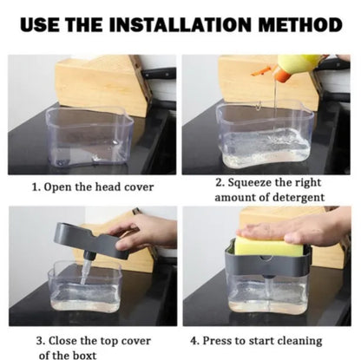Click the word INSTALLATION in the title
pos(180,24)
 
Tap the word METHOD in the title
pos(300,24)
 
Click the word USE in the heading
pos(40,24)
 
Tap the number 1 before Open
pos(36,187)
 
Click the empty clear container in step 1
pos(89,138)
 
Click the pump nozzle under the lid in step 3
pos(86,267)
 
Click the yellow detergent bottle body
pos(300,65)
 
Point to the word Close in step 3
pos(62,341)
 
